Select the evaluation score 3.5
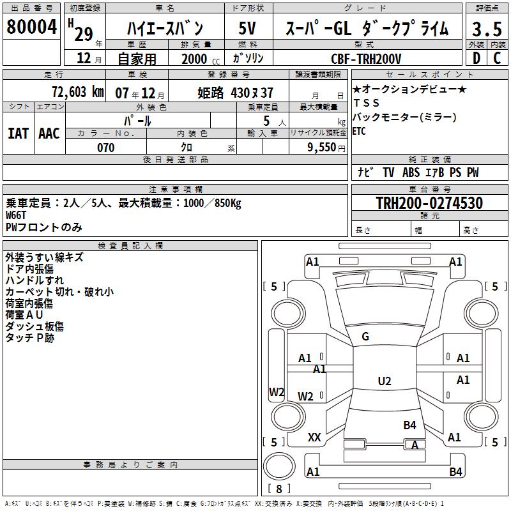(x=487, y=29)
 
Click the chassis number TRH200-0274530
(x=429, y=203)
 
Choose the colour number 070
(x=105, y=148)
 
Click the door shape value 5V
(x=248, y=28)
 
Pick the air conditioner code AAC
(x=49, y=133)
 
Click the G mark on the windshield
(x=365, y=337)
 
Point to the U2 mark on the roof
(x=384, y=381)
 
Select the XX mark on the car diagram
(x=314, y=438)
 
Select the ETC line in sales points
(x=360, y=132)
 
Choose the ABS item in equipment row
(x=411, y=172)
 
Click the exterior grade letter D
(x=476, y=59)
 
